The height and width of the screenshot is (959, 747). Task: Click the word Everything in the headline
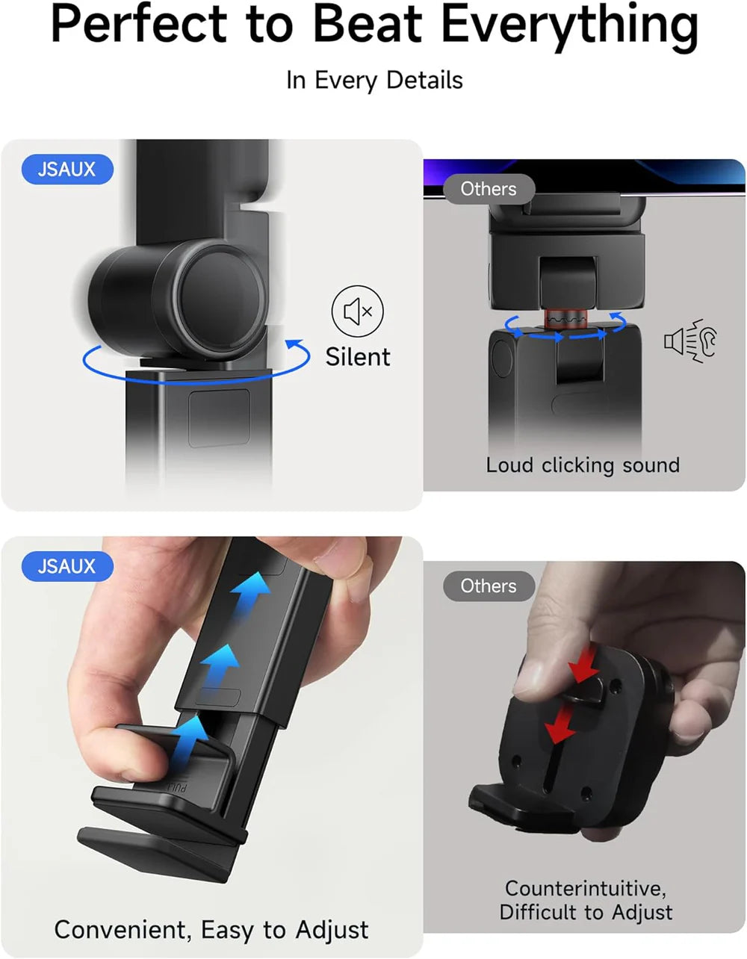(569, 25)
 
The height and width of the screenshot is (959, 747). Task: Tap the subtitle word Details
(424, 80)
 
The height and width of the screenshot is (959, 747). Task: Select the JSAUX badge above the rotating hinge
(67, 170)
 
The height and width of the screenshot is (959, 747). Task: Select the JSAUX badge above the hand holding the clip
(67, 566)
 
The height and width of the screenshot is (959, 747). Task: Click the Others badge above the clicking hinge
(489, 189)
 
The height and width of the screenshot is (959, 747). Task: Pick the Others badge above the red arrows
(489, 586)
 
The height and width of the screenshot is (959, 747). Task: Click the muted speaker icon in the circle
(357, 311)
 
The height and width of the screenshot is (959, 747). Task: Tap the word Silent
(357, 357)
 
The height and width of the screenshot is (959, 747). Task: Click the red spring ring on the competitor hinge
(565, 318)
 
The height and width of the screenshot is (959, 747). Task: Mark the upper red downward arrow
(585, 665)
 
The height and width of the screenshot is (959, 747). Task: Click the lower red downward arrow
(560, 725)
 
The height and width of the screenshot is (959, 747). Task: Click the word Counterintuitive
(585, 889)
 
